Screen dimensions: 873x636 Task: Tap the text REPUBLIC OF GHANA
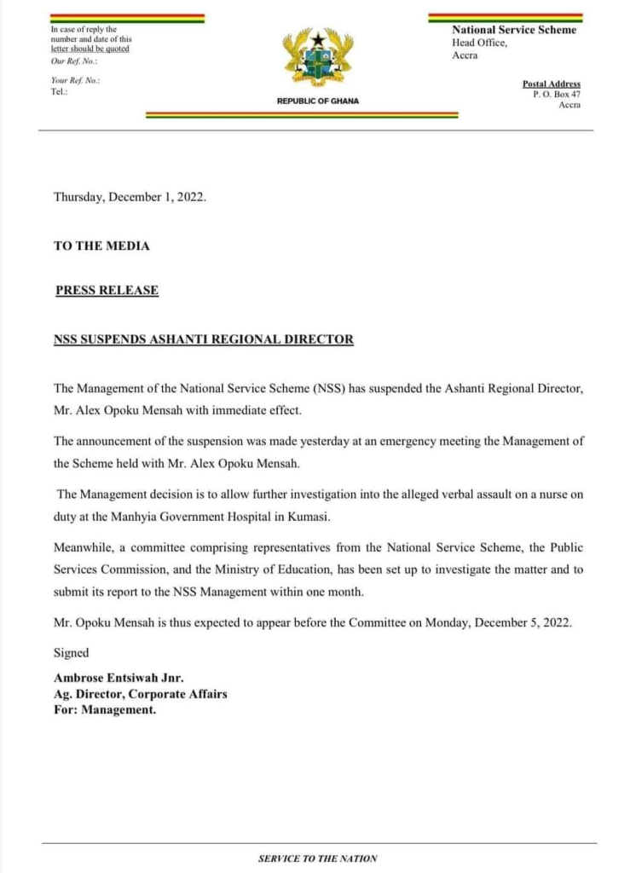[x=318, y=101]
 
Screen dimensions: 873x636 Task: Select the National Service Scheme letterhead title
[x=513, y=30]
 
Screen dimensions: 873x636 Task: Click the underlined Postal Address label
[x=552, y=84]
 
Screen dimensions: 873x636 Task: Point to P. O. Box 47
[x=557, y=94]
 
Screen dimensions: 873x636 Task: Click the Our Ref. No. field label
[x=74, y=61]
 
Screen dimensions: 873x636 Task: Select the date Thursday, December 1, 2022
[x=130, y=196]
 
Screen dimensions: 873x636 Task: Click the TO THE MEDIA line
[x=101, y=246]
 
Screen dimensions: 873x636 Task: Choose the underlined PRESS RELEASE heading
[x=107, y=290]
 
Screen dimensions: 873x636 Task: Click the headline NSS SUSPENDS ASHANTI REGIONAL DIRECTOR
[x=203, y=339]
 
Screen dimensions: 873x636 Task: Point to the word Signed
[x=71, y=652]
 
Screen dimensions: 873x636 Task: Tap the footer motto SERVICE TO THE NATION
[x=317, y=859]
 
